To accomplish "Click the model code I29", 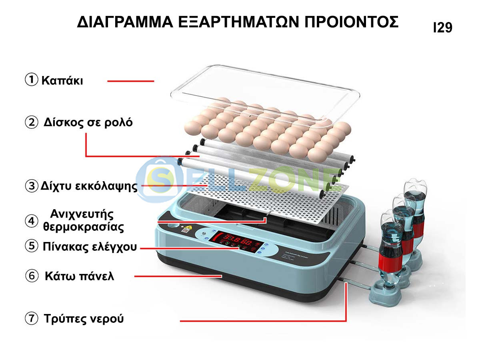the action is [x=442, y=28].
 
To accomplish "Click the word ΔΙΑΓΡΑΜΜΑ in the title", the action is [x=125, y=22].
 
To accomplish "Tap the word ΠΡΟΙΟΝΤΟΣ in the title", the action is [x=352, y=22].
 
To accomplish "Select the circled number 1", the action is [x=32, y=80].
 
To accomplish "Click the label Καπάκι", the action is [x=62, y=80].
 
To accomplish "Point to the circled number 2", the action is [x=32, y=122].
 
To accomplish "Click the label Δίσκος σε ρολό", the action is [x=88, y=122].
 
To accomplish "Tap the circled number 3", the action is [x=32, y=186].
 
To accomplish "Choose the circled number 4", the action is [x=32, y=221].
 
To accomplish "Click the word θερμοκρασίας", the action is [x=84, y=227].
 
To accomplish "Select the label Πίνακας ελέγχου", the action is [x=90, y=246].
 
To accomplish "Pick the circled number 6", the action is [x=32, y=276].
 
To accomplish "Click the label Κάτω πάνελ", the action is [x=79, y=276].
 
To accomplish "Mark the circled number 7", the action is [x=32, y=318].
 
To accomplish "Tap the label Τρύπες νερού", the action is [x=84, y=319].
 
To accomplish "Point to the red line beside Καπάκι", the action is [x=131, y=81].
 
